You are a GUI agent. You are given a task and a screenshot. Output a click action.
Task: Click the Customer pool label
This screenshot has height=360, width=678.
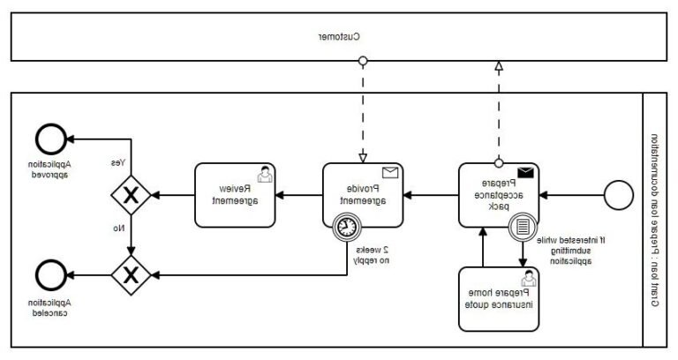339,37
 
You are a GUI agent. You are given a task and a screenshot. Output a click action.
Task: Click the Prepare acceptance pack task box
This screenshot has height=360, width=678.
498,195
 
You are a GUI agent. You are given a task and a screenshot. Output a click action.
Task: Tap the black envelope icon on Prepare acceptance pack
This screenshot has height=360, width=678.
526,173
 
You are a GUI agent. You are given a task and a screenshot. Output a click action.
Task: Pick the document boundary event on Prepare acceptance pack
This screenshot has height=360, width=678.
522,227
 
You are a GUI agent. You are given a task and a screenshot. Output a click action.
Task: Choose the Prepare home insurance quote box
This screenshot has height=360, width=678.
498,299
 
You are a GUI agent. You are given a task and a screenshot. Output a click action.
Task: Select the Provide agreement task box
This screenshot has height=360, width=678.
362,195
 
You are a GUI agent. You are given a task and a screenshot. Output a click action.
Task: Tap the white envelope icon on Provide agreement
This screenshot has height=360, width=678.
390,173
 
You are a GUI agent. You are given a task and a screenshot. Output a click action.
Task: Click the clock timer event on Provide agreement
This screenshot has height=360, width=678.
348,227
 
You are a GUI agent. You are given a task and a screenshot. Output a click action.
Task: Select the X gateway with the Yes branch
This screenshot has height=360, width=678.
132,195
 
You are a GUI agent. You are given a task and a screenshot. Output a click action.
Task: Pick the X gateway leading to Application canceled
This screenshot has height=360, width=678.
132,273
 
